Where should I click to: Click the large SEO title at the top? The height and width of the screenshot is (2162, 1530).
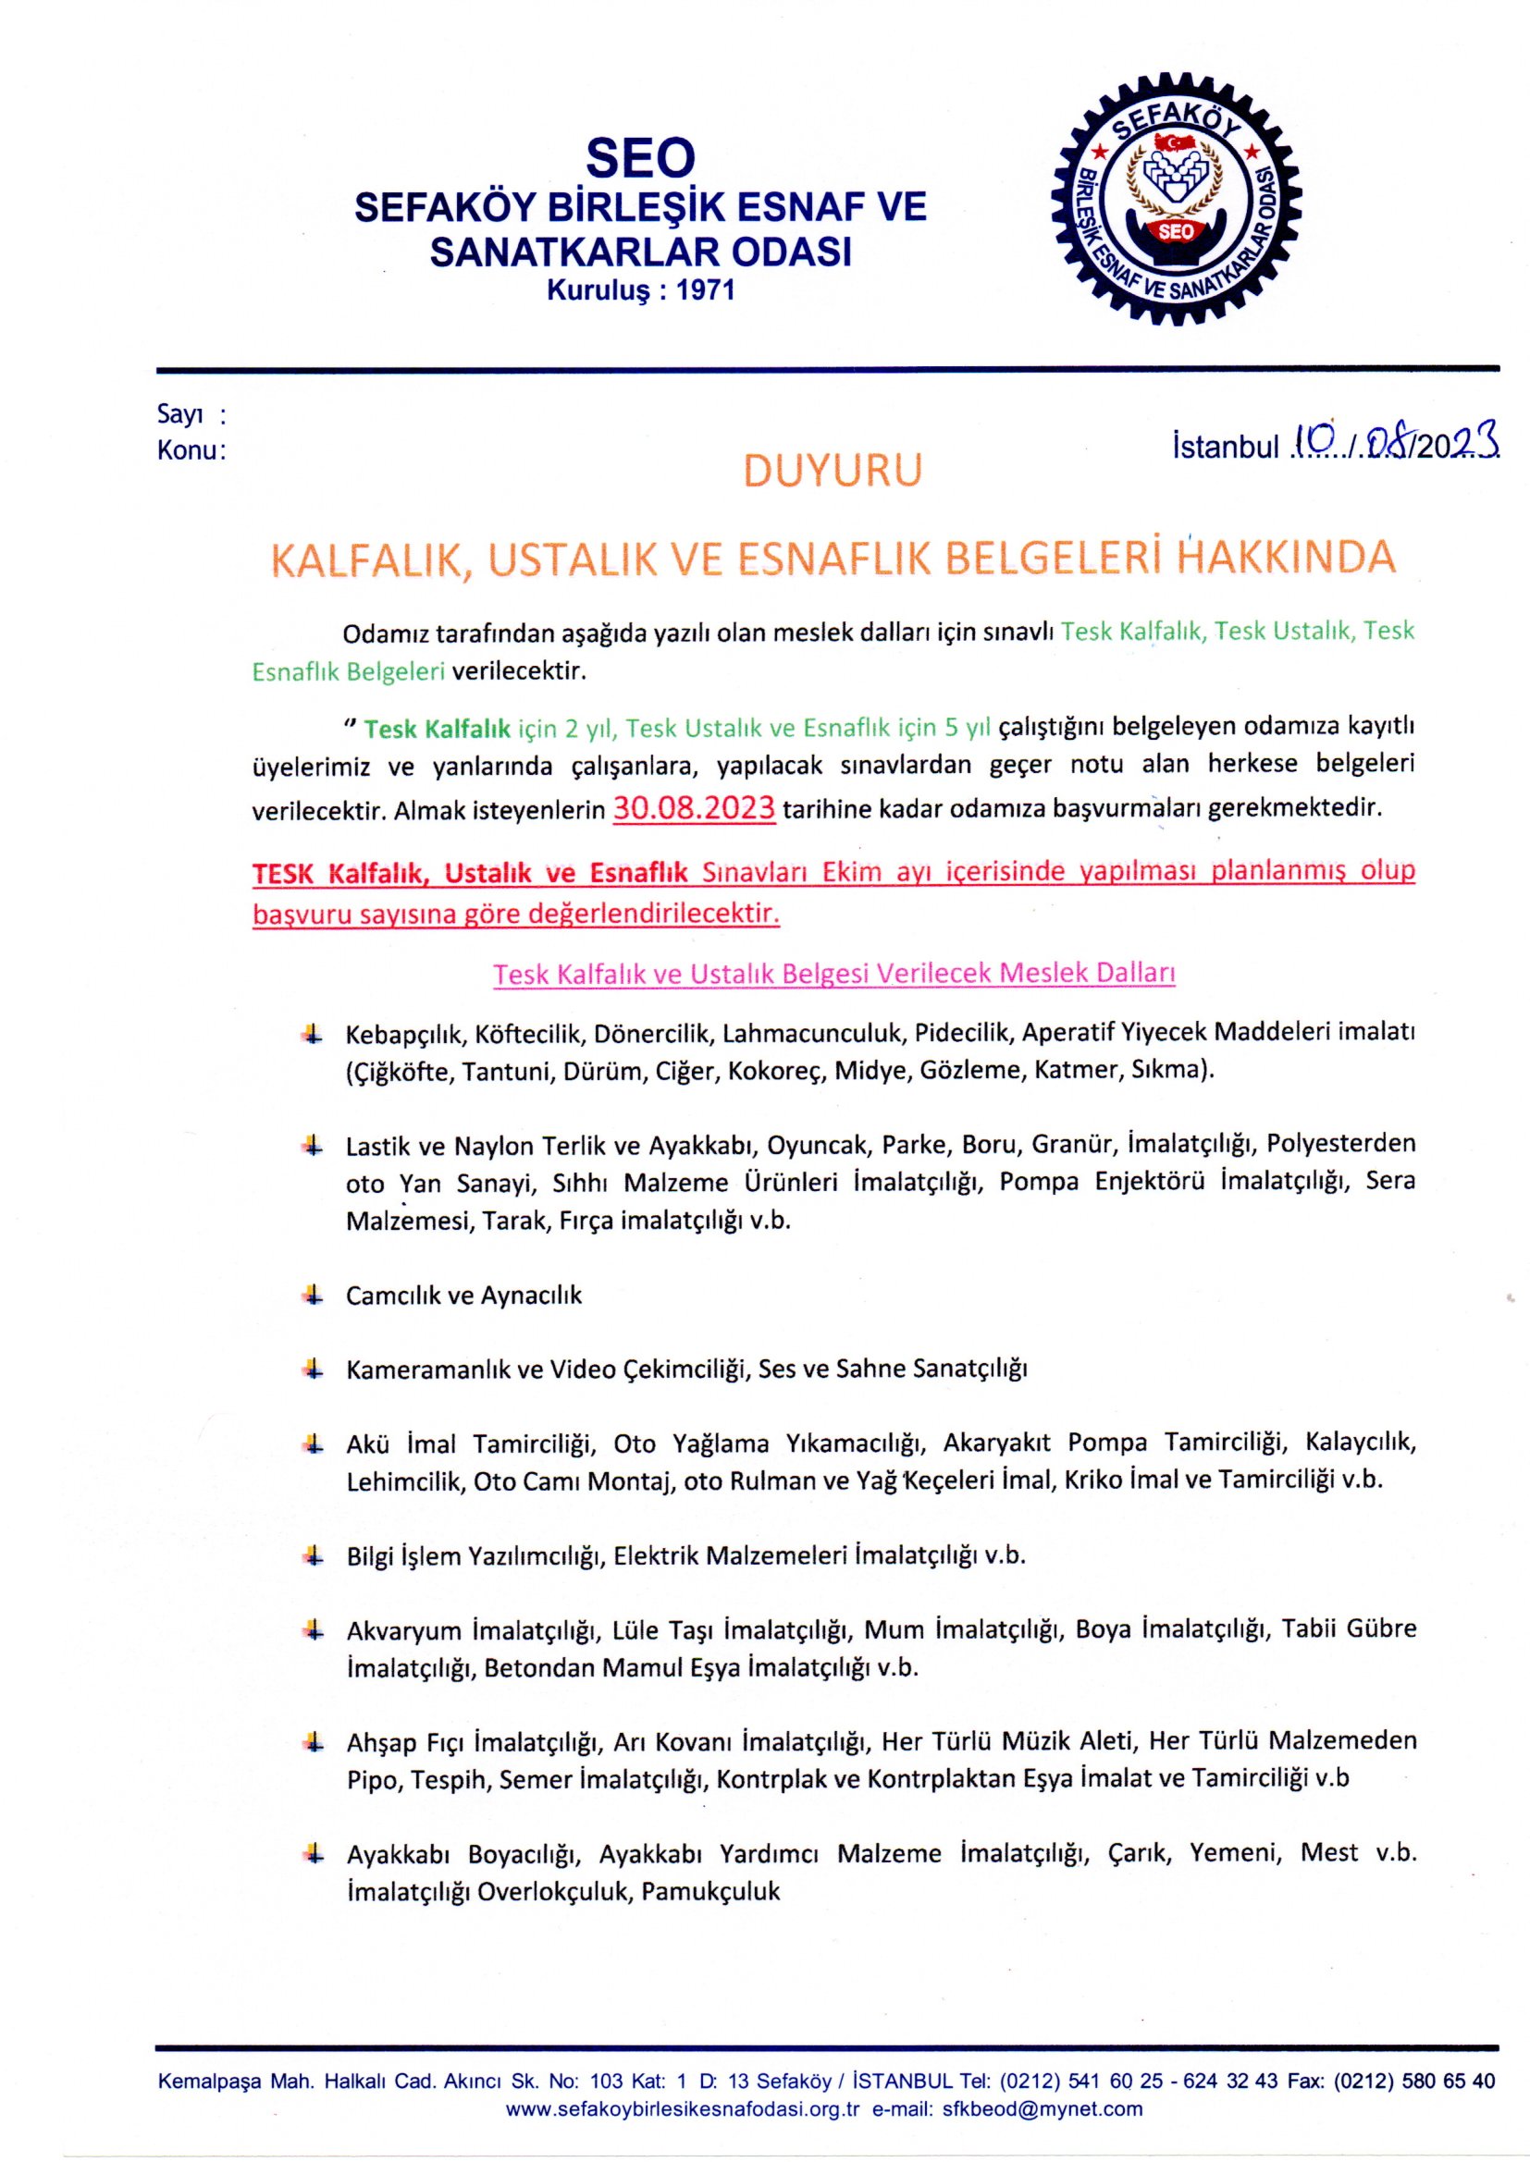pos(640,157)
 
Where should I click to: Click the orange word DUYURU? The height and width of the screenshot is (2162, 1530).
pos(832,471)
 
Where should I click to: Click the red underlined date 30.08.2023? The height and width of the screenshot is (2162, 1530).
pos(694,808)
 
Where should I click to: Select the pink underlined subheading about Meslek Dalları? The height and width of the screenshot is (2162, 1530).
pos(833,973)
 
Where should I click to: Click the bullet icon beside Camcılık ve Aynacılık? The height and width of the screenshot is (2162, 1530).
pos(312,1295)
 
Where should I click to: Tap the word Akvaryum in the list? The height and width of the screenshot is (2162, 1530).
pos(403,1630)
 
